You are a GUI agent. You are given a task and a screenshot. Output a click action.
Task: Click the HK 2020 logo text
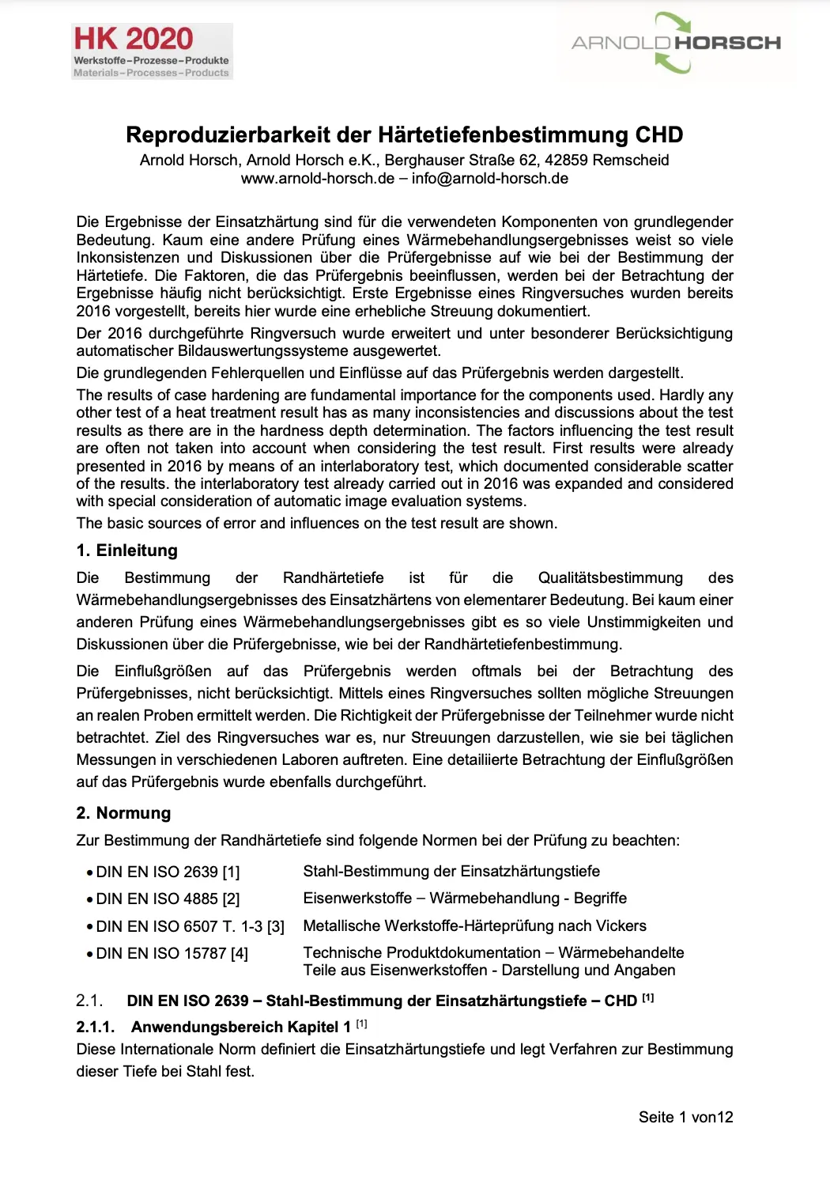[x=133, y=39]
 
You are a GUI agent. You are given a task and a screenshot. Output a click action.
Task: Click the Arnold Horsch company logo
[x=675, y=43]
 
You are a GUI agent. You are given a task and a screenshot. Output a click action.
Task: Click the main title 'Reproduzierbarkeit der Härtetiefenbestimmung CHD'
[x=404, y=134]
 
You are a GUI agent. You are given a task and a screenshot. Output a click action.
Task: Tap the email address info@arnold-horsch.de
[x=489, y=178]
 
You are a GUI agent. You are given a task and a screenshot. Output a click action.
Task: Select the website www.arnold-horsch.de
[x=317, y=178]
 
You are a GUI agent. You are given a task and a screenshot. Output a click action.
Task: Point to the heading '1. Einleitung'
[x=126, y=551]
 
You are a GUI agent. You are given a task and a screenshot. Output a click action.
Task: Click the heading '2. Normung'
[x=123, y=813]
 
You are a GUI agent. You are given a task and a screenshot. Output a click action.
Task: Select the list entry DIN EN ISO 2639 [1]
[x=168, y=872]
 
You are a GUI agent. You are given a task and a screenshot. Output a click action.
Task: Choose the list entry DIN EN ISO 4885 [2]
[x=168, y=899]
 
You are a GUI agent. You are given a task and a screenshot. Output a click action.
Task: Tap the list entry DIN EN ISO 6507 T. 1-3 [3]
[x=190, y=926]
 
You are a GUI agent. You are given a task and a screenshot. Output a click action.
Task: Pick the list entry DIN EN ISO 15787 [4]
[x=172, y=953]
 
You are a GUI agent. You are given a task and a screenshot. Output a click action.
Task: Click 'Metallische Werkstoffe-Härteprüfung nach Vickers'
[x=474, y=925]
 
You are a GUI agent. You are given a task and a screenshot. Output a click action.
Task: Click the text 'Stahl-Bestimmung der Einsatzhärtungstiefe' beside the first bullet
[x=451, y=871]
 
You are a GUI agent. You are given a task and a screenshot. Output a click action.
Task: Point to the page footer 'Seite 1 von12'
[x=685, y=1117]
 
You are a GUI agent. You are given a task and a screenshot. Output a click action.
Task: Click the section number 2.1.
[x=89, y=1001]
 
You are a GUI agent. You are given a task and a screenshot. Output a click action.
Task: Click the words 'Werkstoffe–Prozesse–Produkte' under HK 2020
[x=151, y=60]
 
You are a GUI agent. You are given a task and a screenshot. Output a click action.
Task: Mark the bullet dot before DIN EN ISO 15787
[x=89, y=954]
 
